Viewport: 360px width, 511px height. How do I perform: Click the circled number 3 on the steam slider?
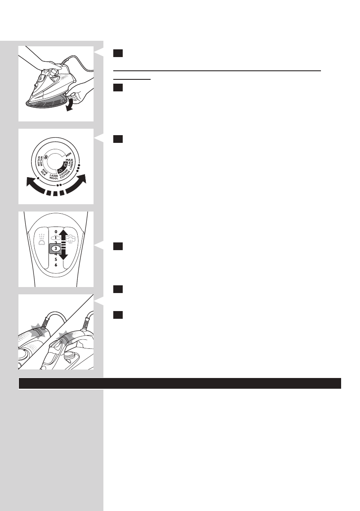click(56, 248)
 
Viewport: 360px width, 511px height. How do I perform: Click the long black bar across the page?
click(180, 384)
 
